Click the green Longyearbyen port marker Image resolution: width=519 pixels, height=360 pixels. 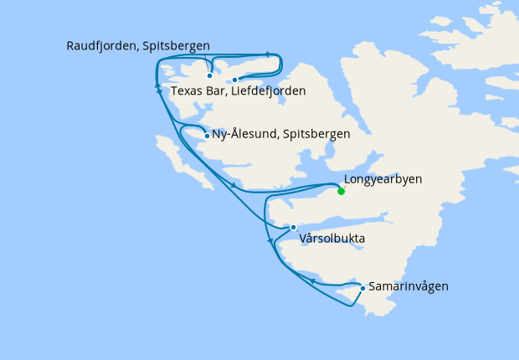click(x=341, y=191)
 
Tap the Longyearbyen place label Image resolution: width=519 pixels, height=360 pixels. click(x=383, y=179)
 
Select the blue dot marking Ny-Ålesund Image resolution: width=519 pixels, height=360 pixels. click(x=207, y=136)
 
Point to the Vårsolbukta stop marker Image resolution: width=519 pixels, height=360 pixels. click(x=293, y=227)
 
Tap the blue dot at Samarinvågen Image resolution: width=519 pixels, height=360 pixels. click(x=362, y=288)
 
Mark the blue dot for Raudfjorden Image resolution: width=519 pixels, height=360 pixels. click(x=209, y=75)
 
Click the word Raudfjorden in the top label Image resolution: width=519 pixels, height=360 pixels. click(x=102, y=45)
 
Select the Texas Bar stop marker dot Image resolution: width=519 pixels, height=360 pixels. click(x=235, y=80)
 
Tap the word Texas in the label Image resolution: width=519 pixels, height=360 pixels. click(x=187, y=90)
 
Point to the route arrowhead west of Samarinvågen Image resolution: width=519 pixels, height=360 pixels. click(x=311, y=281)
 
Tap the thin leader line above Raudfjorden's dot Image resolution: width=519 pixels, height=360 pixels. click(x=205, y=64)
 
